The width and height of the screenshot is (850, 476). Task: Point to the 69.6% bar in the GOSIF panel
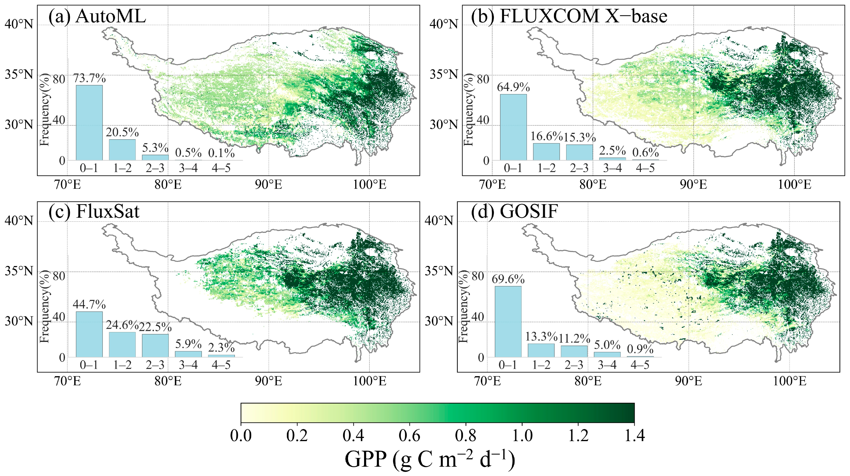coord(508,321)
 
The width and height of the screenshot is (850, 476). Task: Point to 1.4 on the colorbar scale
coord(634,436)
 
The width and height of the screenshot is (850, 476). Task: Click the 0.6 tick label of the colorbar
coord(409,436)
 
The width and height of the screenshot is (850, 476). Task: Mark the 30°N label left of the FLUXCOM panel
coord(444,125)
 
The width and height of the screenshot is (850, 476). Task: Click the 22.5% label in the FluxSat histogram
coord(155,327)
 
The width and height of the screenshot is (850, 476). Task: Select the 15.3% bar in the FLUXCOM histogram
coord(579,152)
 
